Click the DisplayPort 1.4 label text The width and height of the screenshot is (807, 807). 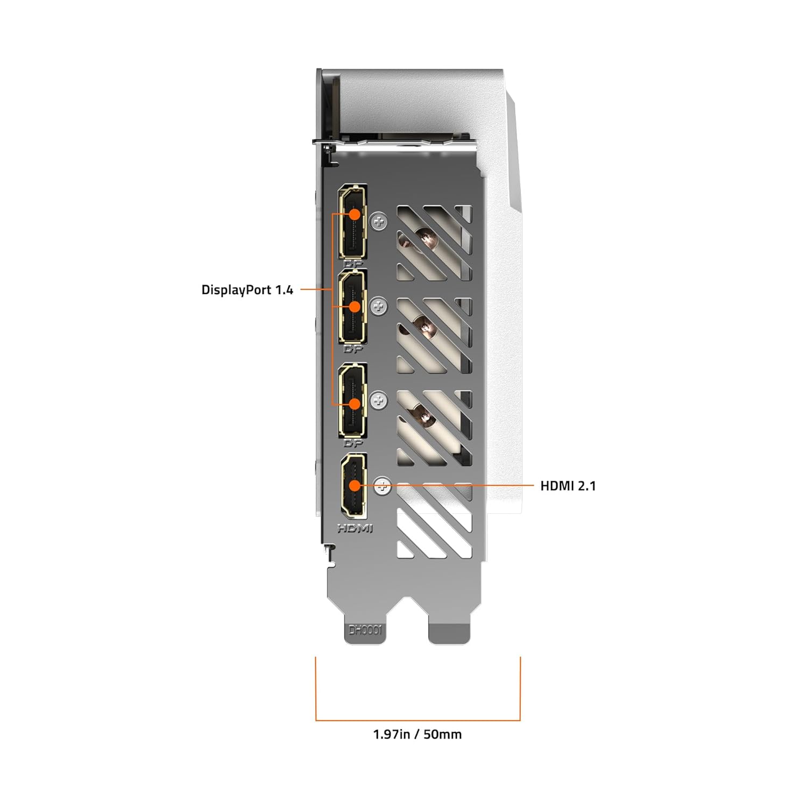pyautogui.click(x=247, y=290)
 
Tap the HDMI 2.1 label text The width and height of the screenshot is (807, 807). pyautogui.click(x=568, y=486)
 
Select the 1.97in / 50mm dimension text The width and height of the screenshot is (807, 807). pyautogui.click(x=417, y=734)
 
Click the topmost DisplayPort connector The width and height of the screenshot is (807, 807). pyautogui.click(x=353, y=222)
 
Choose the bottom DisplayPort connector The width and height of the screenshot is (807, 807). pyautogui.click(x=353, y=401)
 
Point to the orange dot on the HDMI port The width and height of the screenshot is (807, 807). pyautogui.click(x=354, y=485)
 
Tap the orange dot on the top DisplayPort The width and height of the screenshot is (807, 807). pyautogui.click(x=355, y=214)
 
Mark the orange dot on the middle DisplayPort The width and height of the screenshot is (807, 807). pyautogui.click(x=354, y=307)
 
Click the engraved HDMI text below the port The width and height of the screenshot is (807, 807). pyautogui.click(x=355, y=529)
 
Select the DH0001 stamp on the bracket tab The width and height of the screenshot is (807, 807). pyautogui.click(x=365, y=630)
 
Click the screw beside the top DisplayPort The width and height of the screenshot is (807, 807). pyautogui.click(x=379, y=220)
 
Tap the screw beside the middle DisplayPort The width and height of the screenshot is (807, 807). pyautogui.click(x=379, y=307)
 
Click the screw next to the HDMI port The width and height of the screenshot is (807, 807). pyautogui.click(x=383, y=486)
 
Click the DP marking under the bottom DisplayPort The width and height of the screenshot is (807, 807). pyautogui.click(x=353, y=443)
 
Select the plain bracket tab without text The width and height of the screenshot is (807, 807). pyautogui.click(x=449, y=632)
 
